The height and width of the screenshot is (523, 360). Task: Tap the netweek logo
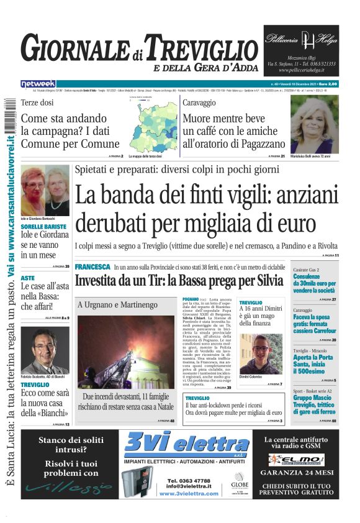38,83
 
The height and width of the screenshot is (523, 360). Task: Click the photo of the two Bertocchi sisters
45,189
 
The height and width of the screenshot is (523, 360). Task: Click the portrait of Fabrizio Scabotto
45,350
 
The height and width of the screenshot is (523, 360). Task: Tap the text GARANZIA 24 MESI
299,473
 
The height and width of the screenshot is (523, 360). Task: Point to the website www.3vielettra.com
189,493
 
